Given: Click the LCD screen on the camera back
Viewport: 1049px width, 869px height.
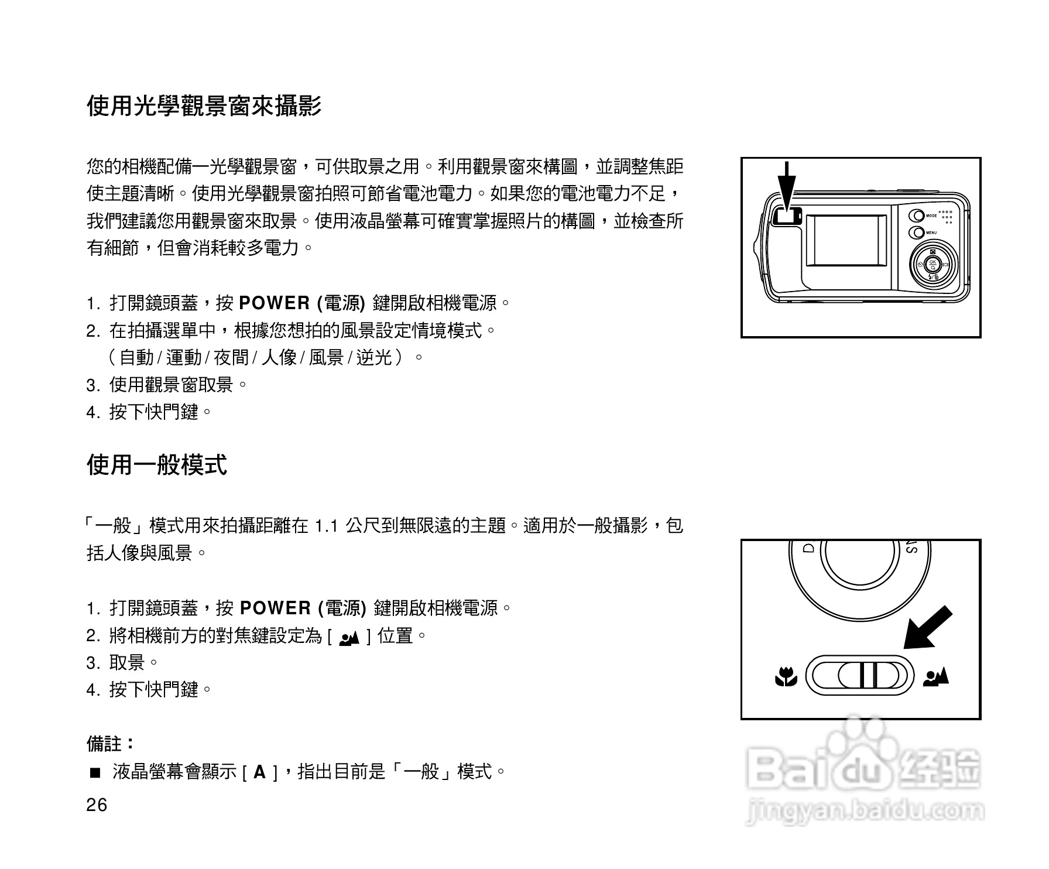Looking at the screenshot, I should click(846, 241).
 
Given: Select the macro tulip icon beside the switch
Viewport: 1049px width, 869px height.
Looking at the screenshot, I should click(786, 678).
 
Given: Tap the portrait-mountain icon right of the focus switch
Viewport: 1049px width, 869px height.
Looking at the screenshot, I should click(936, 677).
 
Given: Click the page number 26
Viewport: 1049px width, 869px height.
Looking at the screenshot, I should click(97, 806).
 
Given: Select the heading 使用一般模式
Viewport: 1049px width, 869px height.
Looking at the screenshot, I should click(157, 466).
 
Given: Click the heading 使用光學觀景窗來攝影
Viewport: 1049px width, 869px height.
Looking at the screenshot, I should click(204, 107).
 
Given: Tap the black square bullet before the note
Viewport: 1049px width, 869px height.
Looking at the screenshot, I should click(95, 773).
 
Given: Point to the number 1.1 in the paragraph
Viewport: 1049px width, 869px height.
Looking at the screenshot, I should click(327, 526).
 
